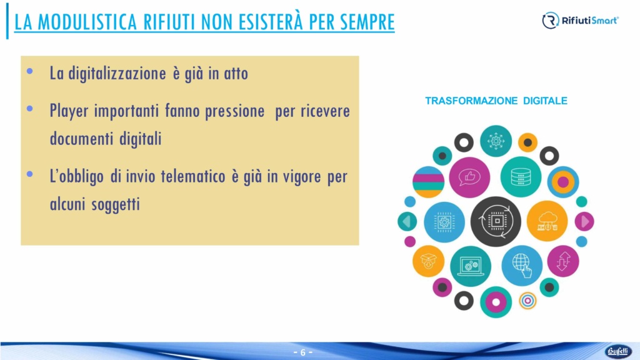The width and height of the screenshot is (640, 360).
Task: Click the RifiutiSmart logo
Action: (580, 21)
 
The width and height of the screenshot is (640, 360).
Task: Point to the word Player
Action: (69, 111)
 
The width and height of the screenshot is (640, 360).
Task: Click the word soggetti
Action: (116, 204)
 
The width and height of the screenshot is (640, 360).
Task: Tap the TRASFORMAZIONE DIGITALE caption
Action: (496, 101)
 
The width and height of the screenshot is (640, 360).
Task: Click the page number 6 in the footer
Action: (303, 352)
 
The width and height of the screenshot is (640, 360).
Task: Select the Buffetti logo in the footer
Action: (618, 351)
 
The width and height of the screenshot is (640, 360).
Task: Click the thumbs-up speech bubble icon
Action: (469, 177)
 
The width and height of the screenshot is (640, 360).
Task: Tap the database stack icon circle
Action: (521, 177)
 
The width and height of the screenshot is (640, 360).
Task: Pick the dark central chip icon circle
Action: (496, 221)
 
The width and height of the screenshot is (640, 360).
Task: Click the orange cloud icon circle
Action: (547, 221)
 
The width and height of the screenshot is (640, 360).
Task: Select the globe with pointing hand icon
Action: (522, 266)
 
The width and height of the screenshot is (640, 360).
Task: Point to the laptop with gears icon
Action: (471, 266)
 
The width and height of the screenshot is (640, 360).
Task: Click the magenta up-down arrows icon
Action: (563, 261)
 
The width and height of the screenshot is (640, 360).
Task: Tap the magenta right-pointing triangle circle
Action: (584, 221)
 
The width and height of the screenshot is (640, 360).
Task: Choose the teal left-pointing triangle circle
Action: (407, 222)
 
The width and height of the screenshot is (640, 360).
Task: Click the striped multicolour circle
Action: (429, 182)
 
